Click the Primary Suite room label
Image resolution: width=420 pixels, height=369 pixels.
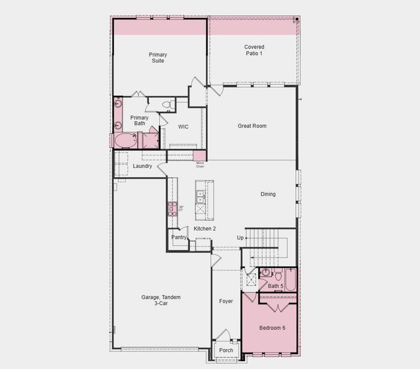tap(157, 57)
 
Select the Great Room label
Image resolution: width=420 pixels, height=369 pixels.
tap(252, 126)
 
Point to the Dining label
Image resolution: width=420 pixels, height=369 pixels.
tap(267, 194)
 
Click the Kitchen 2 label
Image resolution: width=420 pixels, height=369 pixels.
tap(205, 229)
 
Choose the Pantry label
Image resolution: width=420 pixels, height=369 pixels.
tap(179, 237)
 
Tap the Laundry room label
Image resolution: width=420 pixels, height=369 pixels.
tap(143, 166)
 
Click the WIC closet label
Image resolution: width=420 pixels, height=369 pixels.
tap(183, 127)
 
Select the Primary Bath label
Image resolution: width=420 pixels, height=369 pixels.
tap(140, 121)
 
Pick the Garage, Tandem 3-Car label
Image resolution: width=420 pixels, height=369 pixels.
tap(161, 300)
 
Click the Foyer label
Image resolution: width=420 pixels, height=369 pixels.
tap(226, 301)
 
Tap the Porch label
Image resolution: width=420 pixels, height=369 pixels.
tap(226, 351)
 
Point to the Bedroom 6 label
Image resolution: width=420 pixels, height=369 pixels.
tap(272, 328)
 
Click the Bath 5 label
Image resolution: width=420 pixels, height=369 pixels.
tap(275, 286)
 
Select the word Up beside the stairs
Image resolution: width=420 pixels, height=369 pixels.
tap(240, 237)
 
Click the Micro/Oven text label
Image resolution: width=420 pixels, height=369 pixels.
tap(200, 165)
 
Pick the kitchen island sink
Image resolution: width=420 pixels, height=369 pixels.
tap(200, 197)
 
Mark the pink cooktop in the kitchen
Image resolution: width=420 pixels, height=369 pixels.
tap(172, 208)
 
